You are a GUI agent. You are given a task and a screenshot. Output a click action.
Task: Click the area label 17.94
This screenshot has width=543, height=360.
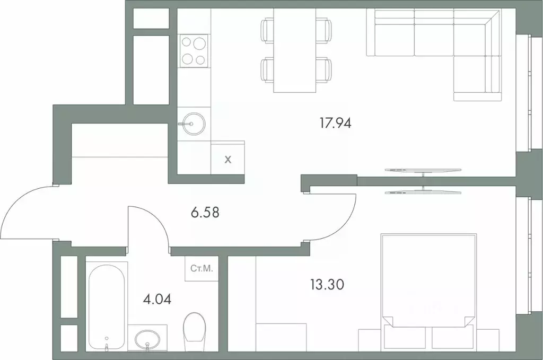click(x=336, y=124)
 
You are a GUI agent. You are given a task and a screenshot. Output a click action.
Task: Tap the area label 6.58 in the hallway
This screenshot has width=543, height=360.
click(x=205, y=213)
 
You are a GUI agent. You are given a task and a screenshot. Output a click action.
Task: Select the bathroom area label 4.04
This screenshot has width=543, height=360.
click(x=157, y=298)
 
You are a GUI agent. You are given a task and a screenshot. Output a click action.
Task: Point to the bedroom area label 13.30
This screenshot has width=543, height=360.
click(x=327, y=285)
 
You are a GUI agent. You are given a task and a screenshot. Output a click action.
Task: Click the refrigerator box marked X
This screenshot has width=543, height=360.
click(x=228, y=159)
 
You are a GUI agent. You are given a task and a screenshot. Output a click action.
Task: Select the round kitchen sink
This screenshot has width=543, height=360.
click(x=192, y=124)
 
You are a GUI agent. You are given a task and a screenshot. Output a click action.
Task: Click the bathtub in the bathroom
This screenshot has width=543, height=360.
click(x=107, y=306)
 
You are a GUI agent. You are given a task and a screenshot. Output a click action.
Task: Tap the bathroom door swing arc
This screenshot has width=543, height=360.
click(x=151, y=223)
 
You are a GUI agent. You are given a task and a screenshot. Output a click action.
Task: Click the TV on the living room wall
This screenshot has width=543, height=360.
click(x=423, y=170)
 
